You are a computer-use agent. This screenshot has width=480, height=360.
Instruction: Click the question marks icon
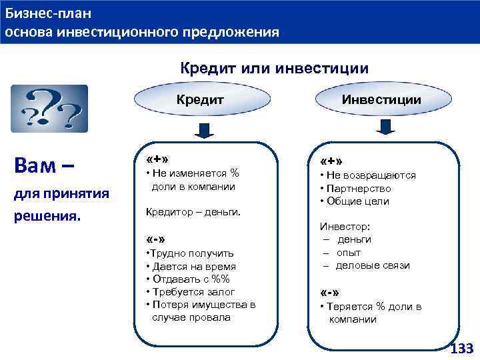49,109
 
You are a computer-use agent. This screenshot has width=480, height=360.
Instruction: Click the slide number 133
461,349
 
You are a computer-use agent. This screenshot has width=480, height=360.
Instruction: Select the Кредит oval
199,99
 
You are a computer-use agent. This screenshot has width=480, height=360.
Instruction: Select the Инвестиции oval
381,99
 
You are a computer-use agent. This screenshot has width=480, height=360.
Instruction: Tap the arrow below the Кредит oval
201,128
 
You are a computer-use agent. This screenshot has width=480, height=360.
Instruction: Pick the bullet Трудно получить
189,253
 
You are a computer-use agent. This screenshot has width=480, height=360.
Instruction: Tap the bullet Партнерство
358,189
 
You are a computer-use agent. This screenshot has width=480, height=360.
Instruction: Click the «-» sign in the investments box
331,293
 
